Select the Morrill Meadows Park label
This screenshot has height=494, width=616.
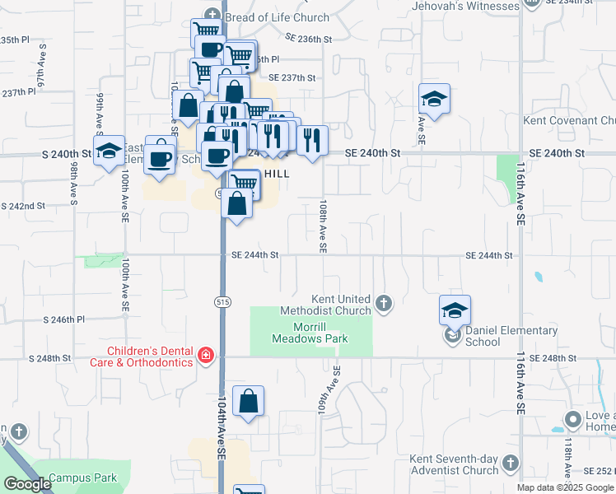[x=309, y=333]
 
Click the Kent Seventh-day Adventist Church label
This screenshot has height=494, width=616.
[x=455, y=464]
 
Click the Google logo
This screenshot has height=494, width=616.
[x=27, y=484]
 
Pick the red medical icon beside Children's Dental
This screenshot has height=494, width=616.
[x=205, y=356]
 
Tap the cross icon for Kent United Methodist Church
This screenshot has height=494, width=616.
[x=383, y=304]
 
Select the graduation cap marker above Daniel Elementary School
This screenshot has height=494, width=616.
[x=455, y=310]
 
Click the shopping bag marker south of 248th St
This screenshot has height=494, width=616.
[x=248, y=401]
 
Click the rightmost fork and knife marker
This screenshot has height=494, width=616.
[x=312, y=140]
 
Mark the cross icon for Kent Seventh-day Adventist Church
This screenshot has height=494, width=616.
[x=511, y=463]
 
